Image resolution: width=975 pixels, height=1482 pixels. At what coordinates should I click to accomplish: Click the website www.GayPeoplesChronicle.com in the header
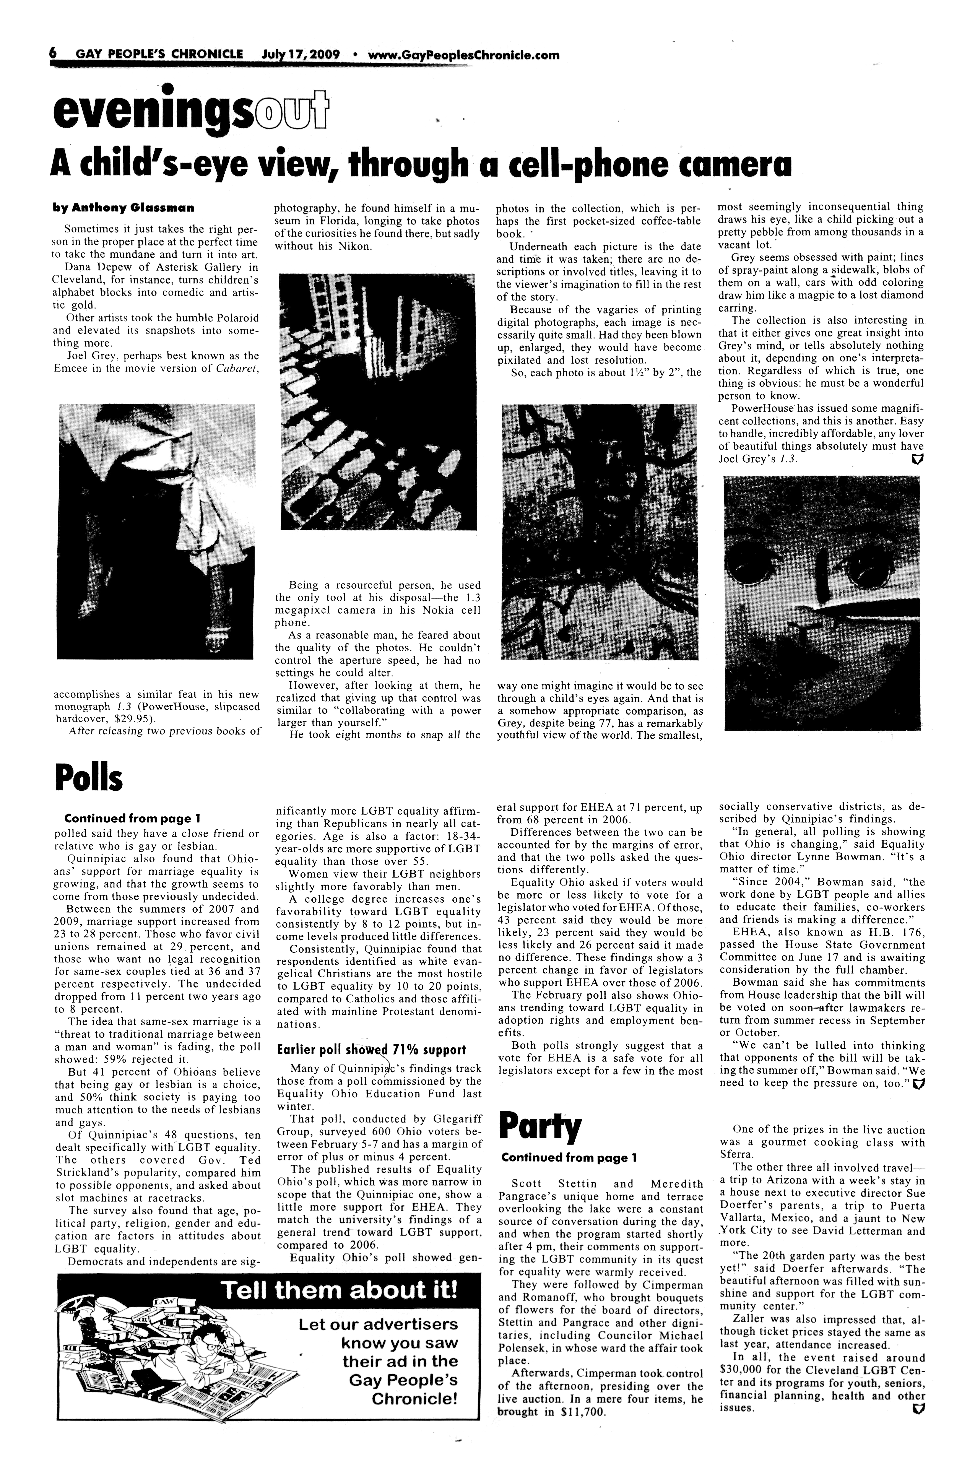464,55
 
